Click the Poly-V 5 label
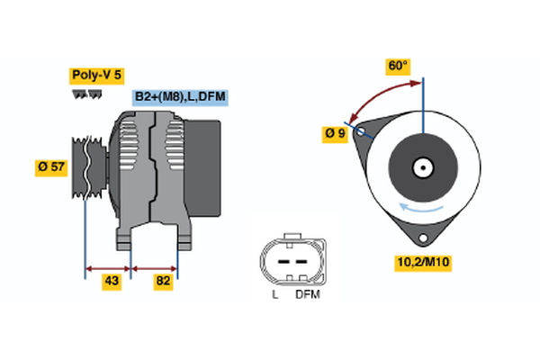coord(96,76)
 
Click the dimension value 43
coord(111,282)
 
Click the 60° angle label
coord(398,66)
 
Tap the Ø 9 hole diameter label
coord(335,134)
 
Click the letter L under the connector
coord(275,294)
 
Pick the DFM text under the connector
coord(307,294)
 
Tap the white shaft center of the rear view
coord(422,167)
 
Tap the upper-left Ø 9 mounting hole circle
coord(361,131)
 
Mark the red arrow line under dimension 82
coord(155,267)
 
